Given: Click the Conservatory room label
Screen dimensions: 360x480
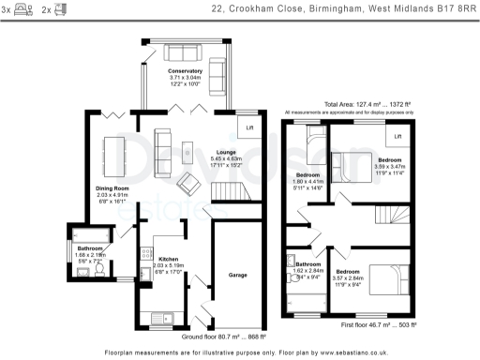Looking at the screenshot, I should [x=184, y=70].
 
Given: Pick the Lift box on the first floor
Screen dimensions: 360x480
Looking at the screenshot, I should [x=397, y=137].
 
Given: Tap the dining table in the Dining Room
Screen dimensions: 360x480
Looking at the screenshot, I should [x=112, y=150].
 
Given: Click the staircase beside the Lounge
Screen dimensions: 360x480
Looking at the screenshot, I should [x=231, y=192].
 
